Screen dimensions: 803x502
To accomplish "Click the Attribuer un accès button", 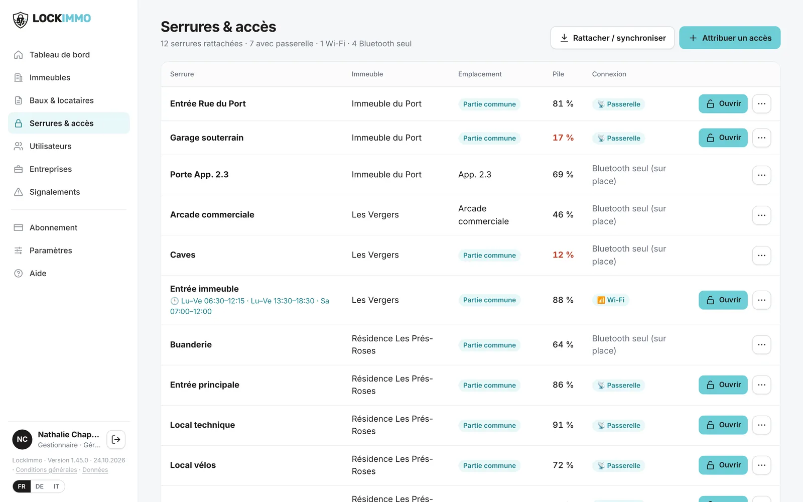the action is click(730, 38).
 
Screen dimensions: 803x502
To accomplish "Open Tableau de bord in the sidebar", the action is click(60, 55).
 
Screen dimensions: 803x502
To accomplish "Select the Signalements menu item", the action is click(55, 192).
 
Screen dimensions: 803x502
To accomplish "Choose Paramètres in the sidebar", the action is click(51, 250).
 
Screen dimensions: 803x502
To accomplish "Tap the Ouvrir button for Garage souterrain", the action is click(723, 138).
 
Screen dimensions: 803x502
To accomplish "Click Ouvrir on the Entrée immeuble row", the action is click(723, 300).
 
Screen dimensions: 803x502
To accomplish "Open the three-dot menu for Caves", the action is click(761, 256).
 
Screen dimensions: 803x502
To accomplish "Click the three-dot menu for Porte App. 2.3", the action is click(761, 175).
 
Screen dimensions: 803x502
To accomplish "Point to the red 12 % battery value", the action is click(563, 255).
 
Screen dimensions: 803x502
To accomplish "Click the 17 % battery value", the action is click(563, 138).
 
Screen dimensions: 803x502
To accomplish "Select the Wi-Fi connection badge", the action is click(610, 300).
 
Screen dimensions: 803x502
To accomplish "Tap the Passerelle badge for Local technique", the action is click(618, 425).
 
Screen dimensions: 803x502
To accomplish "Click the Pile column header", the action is click(558, 74).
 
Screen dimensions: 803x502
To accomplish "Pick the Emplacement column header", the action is click(480, 74).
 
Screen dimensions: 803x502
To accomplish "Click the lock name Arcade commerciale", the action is click(212, 214).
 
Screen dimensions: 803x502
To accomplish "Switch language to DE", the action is click(40, 486).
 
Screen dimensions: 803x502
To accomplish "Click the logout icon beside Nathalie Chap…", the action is click(116, 439).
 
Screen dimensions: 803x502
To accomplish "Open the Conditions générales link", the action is click(46, 470).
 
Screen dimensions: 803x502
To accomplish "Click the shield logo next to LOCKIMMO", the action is click(21, 20).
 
